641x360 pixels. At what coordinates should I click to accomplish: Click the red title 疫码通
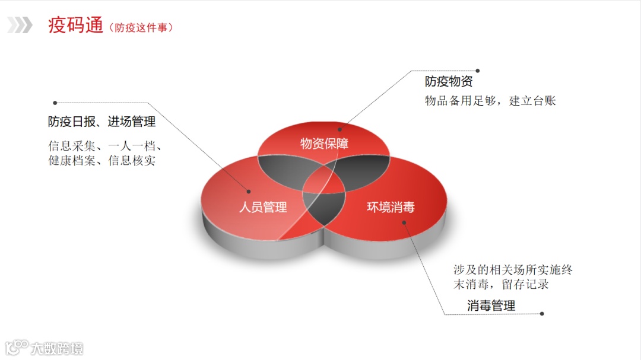[75, 26]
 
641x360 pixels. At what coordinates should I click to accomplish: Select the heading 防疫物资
[449, 82]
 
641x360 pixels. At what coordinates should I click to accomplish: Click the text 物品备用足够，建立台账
[490, 101]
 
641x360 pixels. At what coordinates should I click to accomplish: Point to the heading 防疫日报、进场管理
[101, 122]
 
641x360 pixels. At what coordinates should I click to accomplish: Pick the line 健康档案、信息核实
[101, 160]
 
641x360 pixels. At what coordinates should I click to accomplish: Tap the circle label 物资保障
[324, 144]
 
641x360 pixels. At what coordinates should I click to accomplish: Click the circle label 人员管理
[263, 207]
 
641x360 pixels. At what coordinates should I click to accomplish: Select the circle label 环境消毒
[391, 207]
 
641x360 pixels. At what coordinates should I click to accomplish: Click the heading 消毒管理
[491, 306]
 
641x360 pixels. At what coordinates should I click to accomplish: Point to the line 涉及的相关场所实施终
[513, 270]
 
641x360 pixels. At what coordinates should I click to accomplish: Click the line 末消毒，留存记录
[501, 284]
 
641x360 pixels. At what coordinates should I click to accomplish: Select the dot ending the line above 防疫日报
[55, 103]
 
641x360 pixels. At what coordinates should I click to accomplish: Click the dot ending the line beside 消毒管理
[542, 314]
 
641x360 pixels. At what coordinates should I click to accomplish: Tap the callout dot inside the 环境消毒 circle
[404, 223]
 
